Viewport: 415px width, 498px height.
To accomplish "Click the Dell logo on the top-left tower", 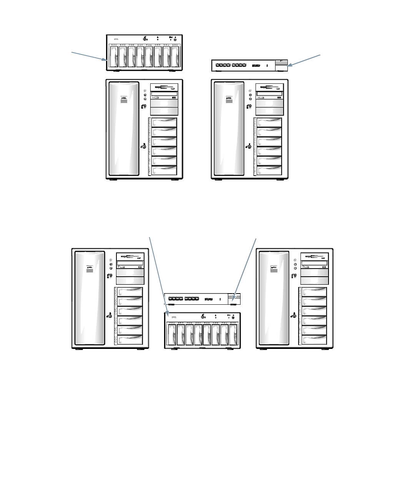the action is coord(123,98).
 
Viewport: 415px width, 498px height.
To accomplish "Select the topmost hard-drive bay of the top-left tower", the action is coord(164,123).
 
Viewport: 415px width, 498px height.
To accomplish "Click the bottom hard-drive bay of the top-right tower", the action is coord(270,170).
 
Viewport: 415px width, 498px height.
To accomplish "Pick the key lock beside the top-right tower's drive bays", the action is coord(249,146).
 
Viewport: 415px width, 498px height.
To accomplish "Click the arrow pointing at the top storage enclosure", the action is coord(88,56).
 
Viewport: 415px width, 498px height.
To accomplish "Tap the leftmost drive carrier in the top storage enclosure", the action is coord(114,59).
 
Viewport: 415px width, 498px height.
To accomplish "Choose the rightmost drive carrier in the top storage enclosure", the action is coord(176,59).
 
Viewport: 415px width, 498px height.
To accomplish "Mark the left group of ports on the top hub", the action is coord(222,66).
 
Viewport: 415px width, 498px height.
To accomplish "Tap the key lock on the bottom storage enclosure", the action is coord(203,317).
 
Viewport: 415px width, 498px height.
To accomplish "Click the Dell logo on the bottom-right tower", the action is coord(274,267).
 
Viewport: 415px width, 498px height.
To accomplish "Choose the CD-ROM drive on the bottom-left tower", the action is coord(130,263).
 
